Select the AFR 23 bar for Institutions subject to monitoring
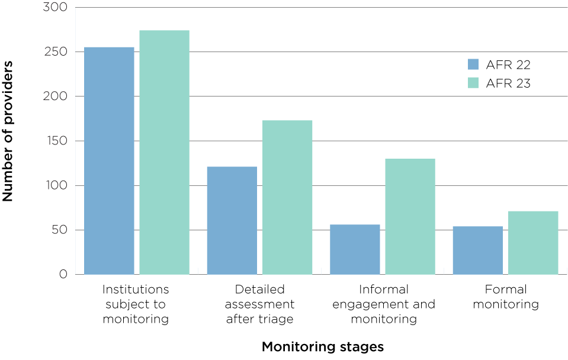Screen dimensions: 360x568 tap(164, 152)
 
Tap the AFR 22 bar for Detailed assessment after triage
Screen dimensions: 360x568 tap(232, 220)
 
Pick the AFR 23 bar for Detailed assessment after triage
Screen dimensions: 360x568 tap(287, 197)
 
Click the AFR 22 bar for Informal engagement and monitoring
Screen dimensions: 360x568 tap(354, 249)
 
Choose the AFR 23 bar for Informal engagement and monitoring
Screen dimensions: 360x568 tap(410, 216)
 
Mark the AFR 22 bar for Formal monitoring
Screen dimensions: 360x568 tap(477, 250)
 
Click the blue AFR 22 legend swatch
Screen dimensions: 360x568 tap(473, 65)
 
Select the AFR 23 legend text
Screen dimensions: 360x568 tap(508, 83)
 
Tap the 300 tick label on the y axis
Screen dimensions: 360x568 tap(55, 8)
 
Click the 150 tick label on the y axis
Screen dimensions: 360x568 tap(55, 141)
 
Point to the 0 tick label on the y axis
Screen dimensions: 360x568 tap(63, 275)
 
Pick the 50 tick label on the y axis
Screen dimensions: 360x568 tap(59, 230)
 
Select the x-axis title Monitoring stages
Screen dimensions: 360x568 tap(323, 346)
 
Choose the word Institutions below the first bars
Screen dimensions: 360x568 tap(136, 290)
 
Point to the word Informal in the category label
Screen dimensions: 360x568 tap(384, 290)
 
